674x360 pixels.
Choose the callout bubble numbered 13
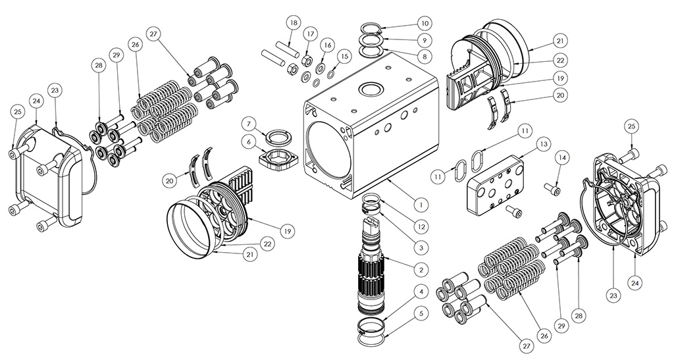pos(543,144)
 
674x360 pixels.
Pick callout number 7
pos(249,122)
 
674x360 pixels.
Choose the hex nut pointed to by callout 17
pos(307,62)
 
